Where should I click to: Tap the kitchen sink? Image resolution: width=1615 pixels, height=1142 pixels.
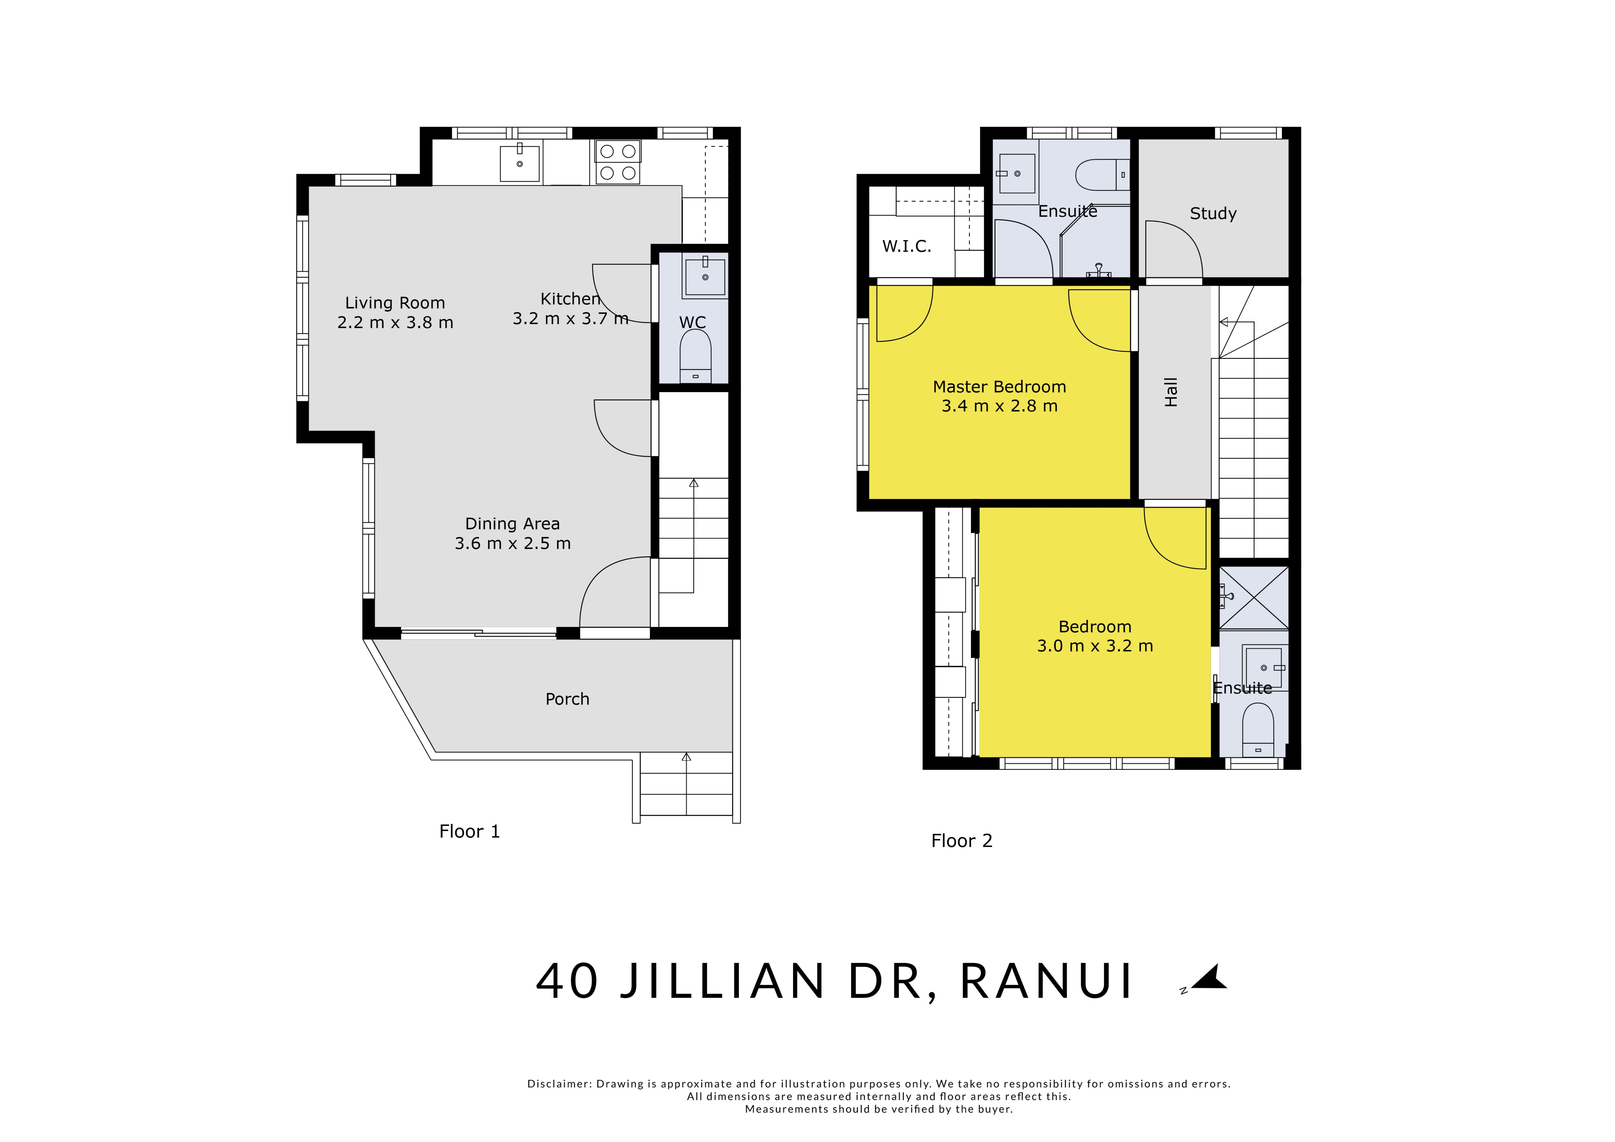coord(520,163)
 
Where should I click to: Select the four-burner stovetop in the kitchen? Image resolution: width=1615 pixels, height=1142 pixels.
coord(618,162)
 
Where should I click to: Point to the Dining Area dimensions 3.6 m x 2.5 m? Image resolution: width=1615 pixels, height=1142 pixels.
coord(513,543)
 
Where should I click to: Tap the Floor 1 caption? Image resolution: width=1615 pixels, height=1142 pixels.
coord(469,832)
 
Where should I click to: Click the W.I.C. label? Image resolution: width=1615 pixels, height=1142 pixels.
coord(907,246)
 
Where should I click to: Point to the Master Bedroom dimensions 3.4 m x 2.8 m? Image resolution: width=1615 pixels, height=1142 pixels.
coord(999,406)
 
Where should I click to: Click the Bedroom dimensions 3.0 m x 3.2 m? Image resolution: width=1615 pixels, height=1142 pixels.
coord(1095,646)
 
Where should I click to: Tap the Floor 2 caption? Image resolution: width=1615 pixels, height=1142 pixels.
coord(962,841)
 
